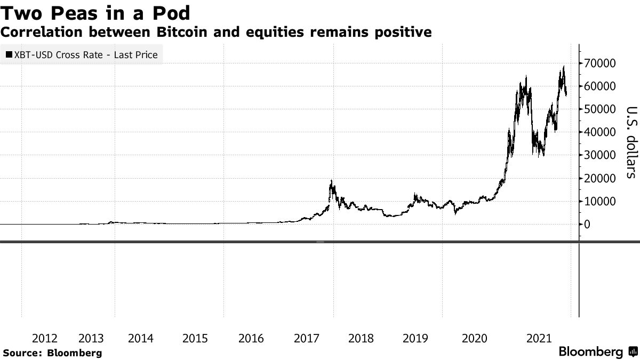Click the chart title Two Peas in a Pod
click(x=97, y=11)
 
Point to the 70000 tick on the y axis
click(x=600, y=63)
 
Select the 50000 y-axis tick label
click(x=600, y=109)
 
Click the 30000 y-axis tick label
click(x=600, y=155)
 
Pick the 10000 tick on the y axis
click(x=600, y=202)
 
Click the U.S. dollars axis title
click(x=631, y=142)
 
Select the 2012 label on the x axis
click(x=45, y=338)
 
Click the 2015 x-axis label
click(x=195, y=338)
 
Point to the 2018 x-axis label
click(x=361, y=338)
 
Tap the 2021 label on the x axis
click(x=539, y=338)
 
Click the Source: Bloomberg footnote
click(x=52, y=353)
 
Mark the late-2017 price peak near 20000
click(x=332, y=181)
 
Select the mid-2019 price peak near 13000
click(x=415, y=194)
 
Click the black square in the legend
click(x=9, y=54)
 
